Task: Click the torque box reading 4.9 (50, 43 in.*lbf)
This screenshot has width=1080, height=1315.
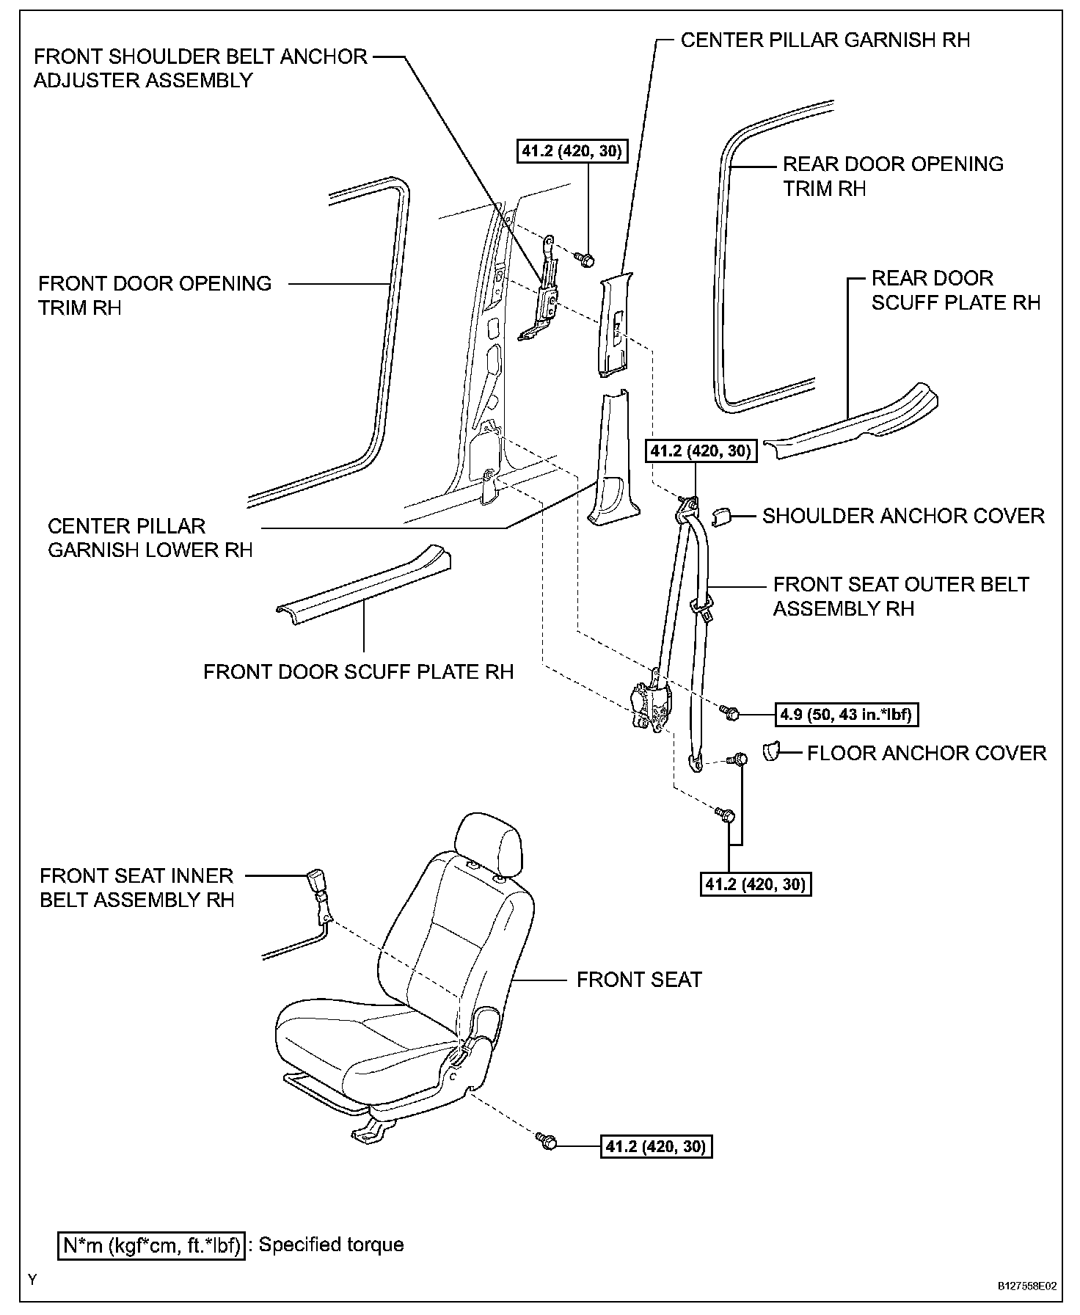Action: click(847, 714)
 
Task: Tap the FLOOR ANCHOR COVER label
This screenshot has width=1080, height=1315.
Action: click(926, 754)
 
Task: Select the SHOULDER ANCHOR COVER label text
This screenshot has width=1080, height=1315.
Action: click(903, 516)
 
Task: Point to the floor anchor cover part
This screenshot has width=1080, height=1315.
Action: click(770, 751)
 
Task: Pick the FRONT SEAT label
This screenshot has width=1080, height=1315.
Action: click(639, 980)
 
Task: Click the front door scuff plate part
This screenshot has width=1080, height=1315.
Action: click(363, 587)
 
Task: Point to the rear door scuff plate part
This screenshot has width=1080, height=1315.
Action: click(851, 426)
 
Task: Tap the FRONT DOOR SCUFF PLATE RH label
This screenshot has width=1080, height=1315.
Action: click(358, 672)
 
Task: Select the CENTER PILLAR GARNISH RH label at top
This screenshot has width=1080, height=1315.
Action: click(825, 40)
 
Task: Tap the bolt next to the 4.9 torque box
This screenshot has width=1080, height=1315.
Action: click(731, 712)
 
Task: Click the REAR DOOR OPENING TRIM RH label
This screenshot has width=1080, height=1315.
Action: click(893, 176)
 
